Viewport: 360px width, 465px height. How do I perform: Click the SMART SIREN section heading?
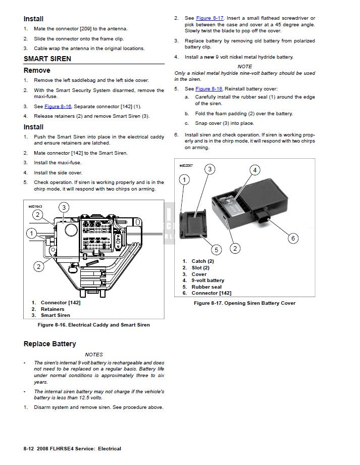(47, 59)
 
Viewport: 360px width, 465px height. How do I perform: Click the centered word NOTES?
(94, 355)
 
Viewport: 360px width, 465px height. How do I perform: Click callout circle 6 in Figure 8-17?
(292, 238)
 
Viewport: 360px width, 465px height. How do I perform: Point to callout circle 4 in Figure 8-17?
(255, 170)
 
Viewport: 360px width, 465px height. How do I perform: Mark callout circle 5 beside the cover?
(216, 249)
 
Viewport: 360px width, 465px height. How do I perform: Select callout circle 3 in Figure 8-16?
(64, 207)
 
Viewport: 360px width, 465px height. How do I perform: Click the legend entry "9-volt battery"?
(208, 281)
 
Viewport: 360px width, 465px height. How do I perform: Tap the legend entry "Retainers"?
(53, 309)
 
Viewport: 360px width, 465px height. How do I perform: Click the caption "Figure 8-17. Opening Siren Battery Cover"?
(245, 303)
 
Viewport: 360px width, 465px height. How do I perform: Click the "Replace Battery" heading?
(49, 344)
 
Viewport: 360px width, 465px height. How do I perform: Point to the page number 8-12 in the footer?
(30, 449)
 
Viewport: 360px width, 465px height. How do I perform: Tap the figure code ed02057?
(186, 165)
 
